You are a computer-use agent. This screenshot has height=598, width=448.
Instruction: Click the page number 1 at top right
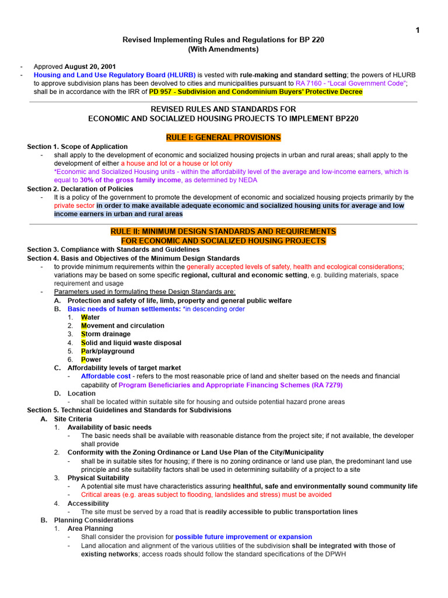[x=418, y=31]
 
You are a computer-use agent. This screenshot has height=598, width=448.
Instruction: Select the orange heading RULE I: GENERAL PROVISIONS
[x=223, y=138]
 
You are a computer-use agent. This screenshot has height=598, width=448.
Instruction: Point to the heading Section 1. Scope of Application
[x=77, y=147]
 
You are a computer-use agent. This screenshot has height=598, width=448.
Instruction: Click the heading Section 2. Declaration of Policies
[x=80, y=189]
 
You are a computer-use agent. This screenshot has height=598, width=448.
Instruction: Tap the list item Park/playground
[x=107, y=351]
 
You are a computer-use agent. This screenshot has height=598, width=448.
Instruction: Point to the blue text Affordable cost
[x=106, y=377]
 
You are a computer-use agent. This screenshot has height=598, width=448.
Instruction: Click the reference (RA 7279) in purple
[x=323, y=385]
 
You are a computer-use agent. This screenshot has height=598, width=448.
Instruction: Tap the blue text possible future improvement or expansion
[x=243, y=537]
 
